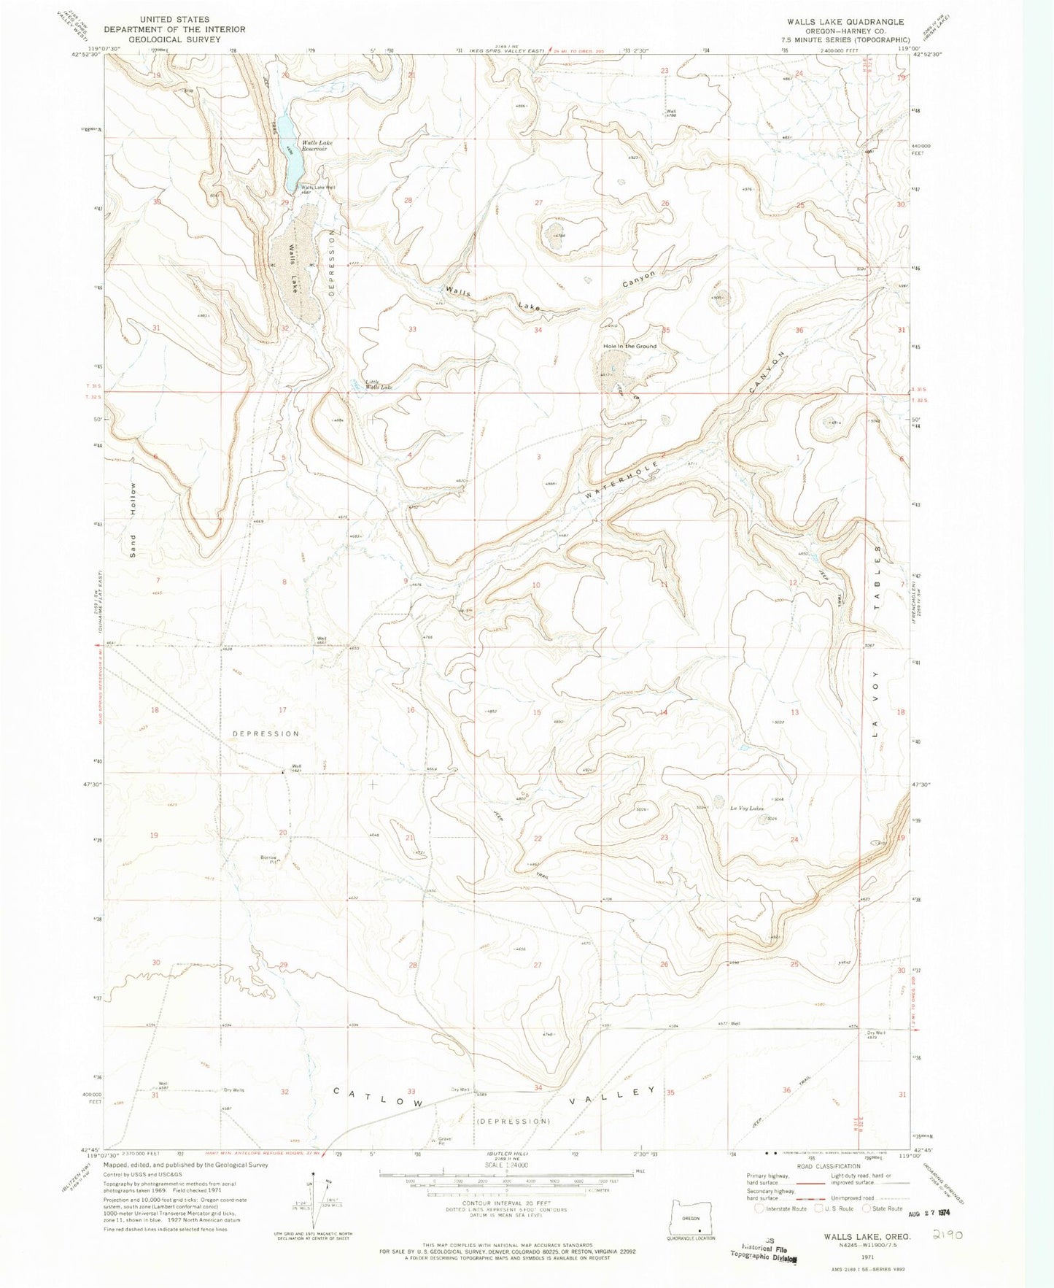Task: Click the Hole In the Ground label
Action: [629, 346]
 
